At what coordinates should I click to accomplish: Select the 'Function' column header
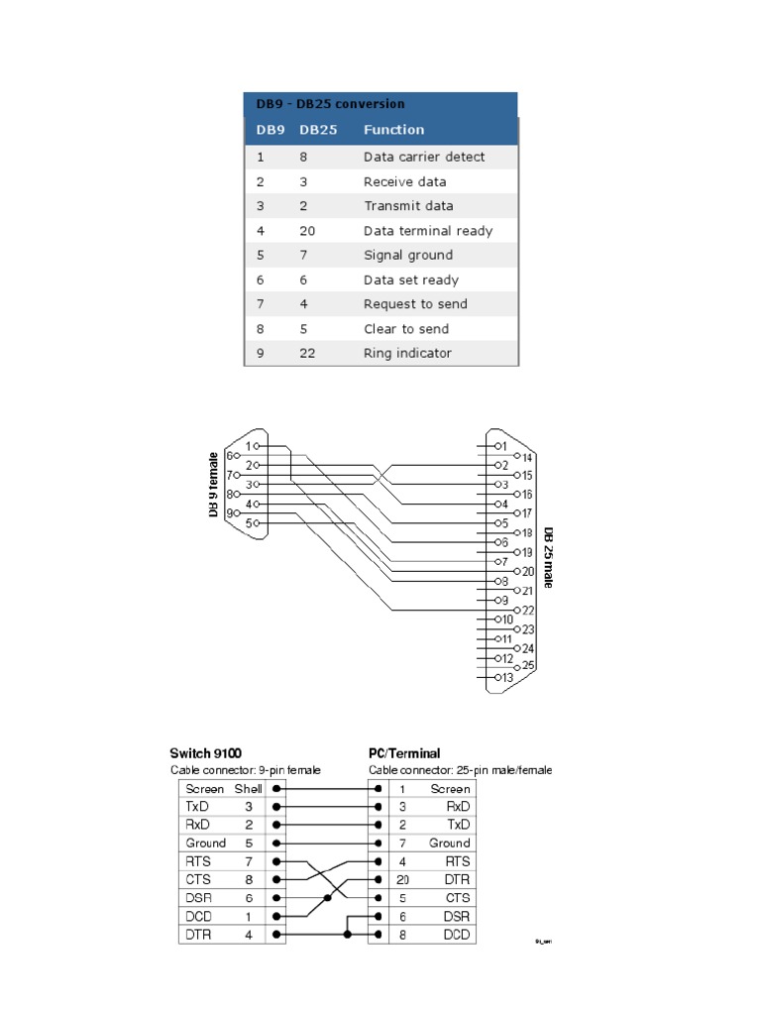click(x=393, y=130)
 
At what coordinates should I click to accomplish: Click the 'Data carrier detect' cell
click(x=424, y=157)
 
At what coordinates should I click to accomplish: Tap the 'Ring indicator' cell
click(x=407, y=353)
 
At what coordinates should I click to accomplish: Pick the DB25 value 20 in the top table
click(x=308, y=231)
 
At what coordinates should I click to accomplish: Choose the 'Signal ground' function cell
click(x=408, y=255)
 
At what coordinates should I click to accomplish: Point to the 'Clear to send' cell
click(x=406, y=329)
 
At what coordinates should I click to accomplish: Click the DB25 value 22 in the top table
click(x=308, y=353)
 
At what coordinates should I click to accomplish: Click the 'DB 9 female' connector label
click(x=212, y=484)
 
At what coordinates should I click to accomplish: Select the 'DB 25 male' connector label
click(x=548, y=557)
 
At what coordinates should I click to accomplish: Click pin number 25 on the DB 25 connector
click(x=528, y=666)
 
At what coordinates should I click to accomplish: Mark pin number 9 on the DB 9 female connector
click(x=231, y=513)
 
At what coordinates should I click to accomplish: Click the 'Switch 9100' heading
click(x=206, y=753)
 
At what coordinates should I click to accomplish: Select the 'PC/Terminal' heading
click(x=404, y=753)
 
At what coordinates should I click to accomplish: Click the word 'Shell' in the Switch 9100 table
click(x=248, y=789)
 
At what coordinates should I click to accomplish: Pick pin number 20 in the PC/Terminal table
click(x=403, y=880)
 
